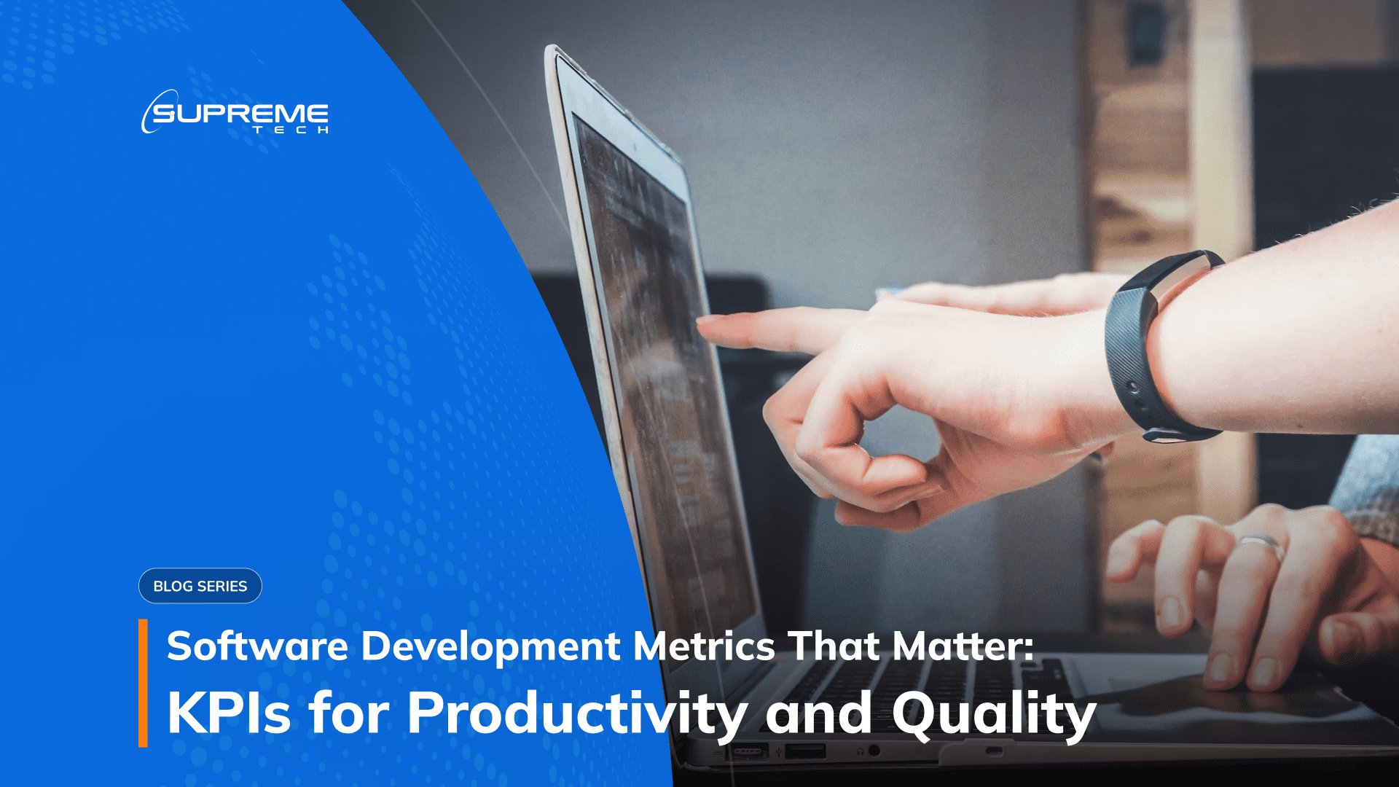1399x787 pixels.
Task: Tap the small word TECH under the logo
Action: (x=291, y=130)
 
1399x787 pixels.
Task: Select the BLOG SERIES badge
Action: (x=200, y=586)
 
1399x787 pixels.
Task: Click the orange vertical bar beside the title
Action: (x=143, y=683)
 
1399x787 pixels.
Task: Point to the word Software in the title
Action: (x=257, y=646)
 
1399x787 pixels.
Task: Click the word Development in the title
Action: (x=490, y=646)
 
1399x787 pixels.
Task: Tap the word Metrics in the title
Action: (x=704, y=646)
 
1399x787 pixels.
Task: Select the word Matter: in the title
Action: (x=963, y=646)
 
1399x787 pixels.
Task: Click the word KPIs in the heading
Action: (x=229, y=713)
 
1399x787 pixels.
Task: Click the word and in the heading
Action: (x=818, y=713)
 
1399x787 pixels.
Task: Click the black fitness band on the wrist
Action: (x=1137, y=350)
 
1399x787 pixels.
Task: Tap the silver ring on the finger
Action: (x=1263, y=543)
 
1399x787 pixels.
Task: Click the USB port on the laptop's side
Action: (x=805, y=751)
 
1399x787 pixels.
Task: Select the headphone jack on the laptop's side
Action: (x=874, y=750)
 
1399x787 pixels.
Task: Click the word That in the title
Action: (x=834, y=646)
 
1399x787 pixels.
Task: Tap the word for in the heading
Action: (x=348, y=713)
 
